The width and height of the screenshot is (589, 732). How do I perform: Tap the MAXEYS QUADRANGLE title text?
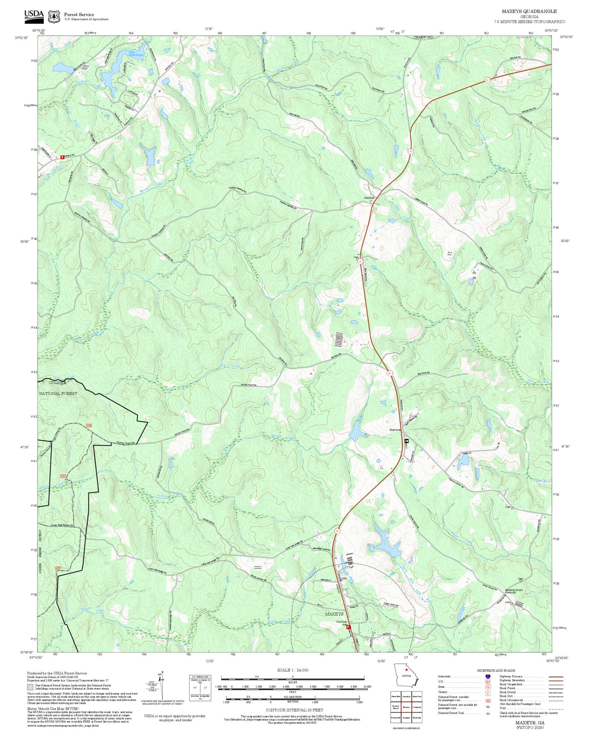529,11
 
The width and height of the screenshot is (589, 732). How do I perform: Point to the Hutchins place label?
369,198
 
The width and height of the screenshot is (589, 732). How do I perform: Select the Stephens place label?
395,430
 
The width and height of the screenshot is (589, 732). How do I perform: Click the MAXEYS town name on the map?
334,614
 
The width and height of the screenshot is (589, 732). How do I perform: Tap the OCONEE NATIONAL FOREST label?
58,388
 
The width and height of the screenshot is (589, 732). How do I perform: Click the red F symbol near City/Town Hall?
348,627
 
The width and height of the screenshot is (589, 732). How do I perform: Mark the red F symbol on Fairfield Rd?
62,157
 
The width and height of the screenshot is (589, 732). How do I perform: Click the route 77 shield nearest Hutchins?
410,151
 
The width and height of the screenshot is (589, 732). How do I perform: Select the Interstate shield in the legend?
487,676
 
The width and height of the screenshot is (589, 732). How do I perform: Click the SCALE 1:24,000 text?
293,670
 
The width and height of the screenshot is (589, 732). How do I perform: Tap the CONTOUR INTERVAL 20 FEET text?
294,710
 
